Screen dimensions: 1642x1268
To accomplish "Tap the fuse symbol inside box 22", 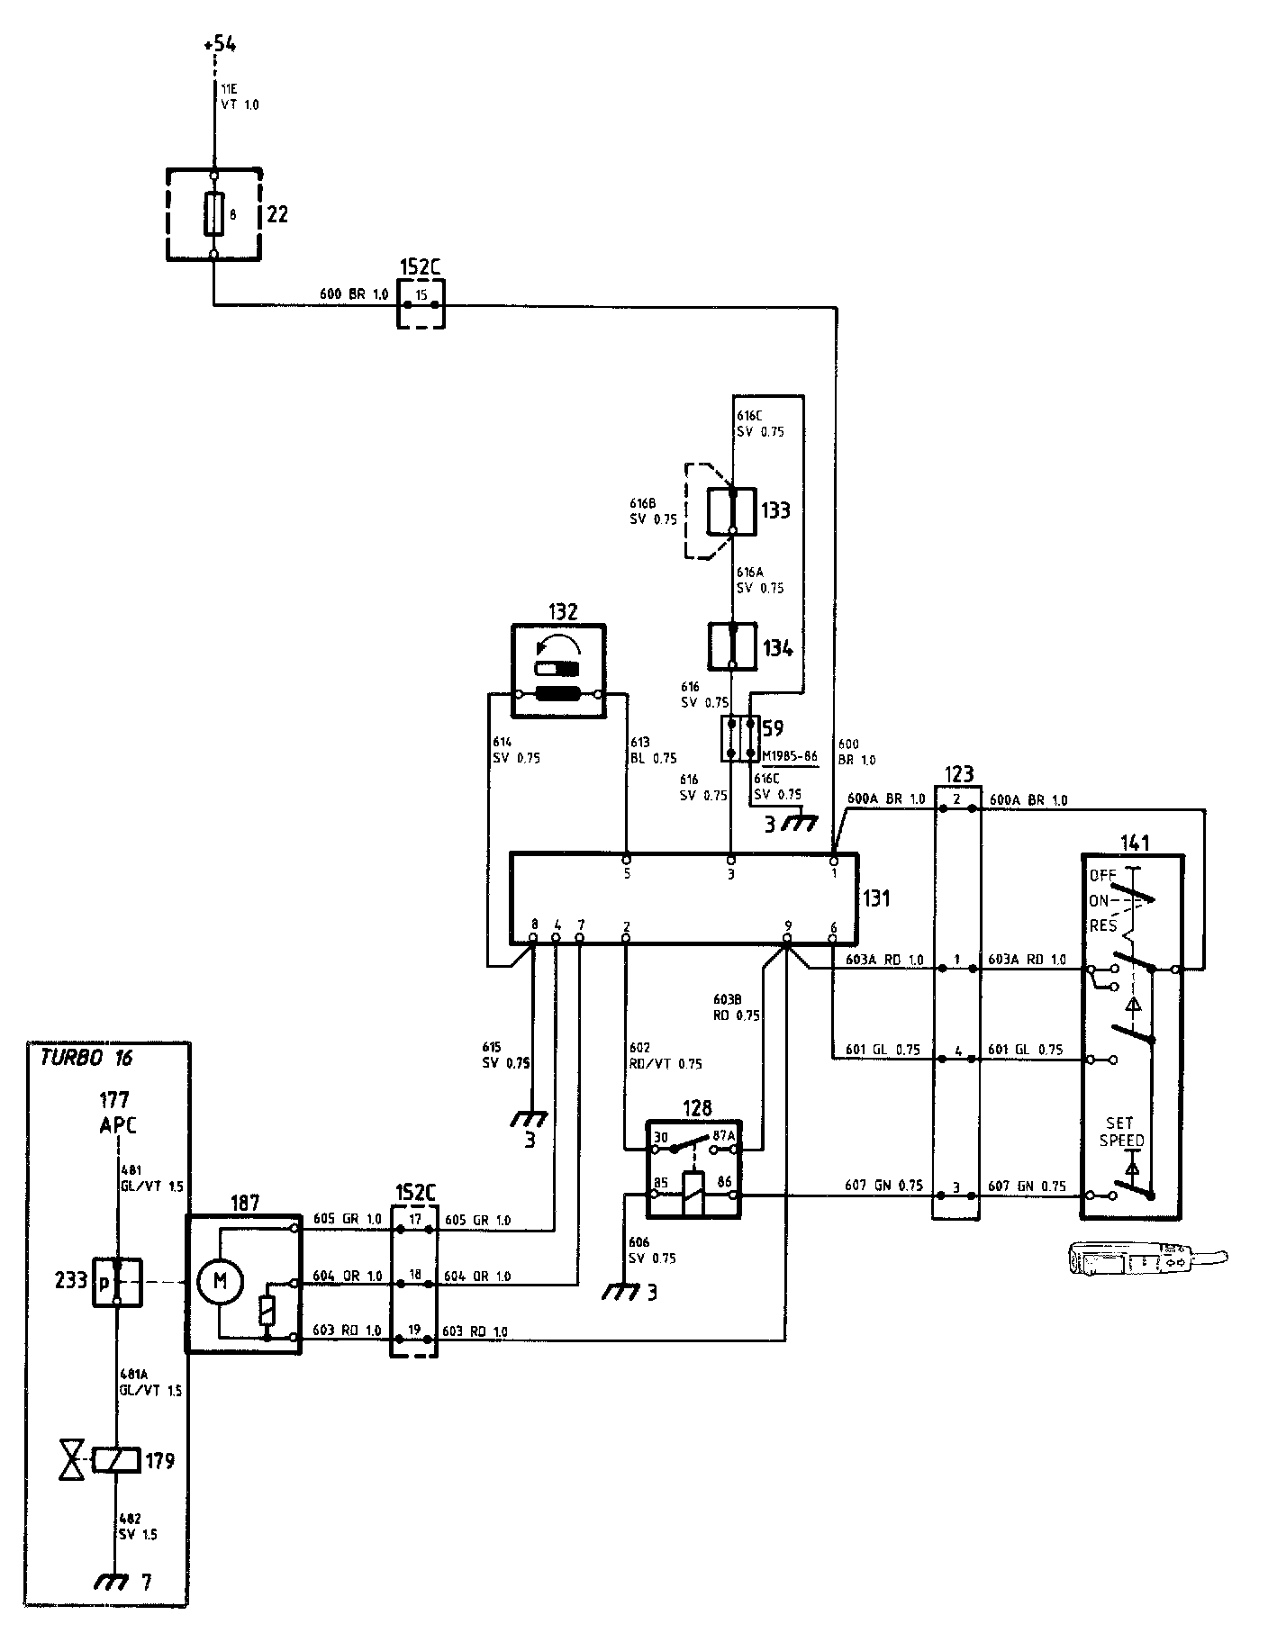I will [x=213, y=214].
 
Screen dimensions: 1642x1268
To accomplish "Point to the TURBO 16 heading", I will [x=86, y=1057].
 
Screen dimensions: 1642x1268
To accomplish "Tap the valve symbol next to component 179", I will [x=69, y=1461].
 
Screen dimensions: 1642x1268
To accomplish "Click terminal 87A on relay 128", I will [x=724, y=1137].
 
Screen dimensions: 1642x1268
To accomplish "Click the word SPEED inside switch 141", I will [x=1121, y=1141].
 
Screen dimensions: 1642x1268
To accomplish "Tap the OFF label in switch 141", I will [x=1102, y=874].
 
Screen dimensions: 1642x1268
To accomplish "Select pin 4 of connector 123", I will [x=957, y=1051].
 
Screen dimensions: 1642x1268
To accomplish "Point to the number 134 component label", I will [x=776, y=648].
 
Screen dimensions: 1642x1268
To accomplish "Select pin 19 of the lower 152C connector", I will [x=415, y=1329].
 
